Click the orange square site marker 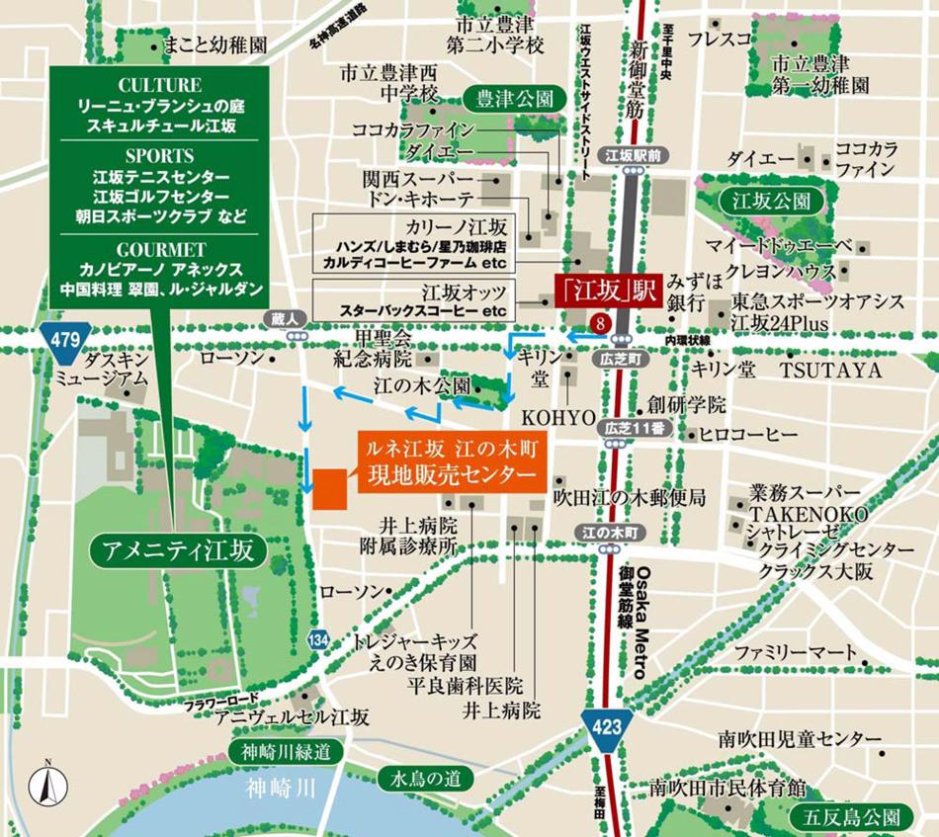[x=329, y=488]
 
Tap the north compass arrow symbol [x=44, y=787]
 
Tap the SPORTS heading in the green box [x=159, y=156]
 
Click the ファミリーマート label [x=794, y=653]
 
